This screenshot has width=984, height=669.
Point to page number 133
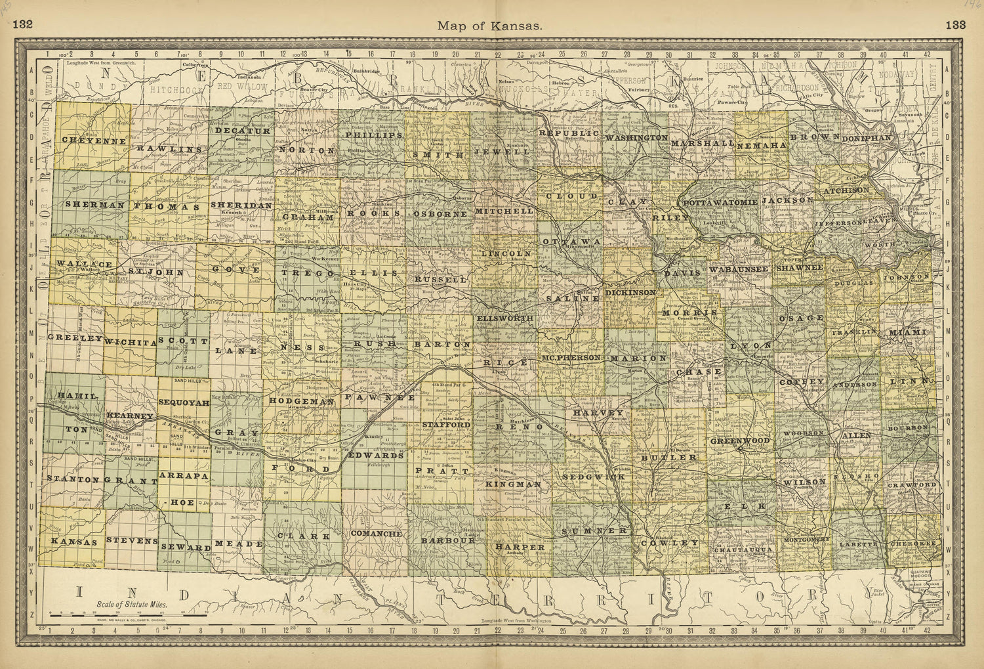click(x=956, y=26)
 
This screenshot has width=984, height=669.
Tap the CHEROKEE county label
click(x=912, y=544)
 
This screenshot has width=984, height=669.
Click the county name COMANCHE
click(x=376, y=534)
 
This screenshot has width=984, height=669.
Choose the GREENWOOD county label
click(x=739, y=440)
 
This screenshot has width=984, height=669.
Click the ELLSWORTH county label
click(x=504, y=318)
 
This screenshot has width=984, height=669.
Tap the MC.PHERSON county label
click(x=571, y=358)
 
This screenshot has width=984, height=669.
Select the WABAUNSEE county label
click(x=738, y=269)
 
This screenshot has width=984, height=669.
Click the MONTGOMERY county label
click(x=807, y=539)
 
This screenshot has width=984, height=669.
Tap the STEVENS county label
click(x=132, y=542)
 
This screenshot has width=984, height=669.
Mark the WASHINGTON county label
click(x=636, y=138)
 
